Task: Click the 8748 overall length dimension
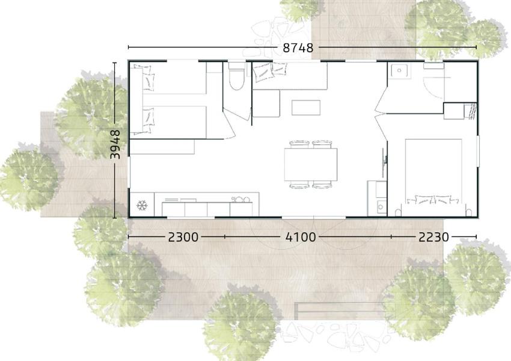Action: tap(298, 48)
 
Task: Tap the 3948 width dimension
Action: tap(115, 144)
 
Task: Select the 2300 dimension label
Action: tap(183, 237)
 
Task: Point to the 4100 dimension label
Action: tap(301, 237)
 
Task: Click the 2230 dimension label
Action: tap(434, 237)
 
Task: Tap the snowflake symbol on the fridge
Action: tap(142, 205)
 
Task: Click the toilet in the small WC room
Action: tap(236, 76)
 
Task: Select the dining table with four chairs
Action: tap(311, 164)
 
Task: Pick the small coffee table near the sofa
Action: tap(305, 108)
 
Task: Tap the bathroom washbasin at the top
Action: tap(399, 70)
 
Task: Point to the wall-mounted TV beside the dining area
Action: tap(385, 159)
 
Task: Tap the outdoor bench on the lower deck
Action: tap(339, 311)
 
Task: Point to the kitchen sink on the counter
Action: tap(240, 199)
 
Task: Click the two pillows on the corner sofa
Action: tap(270, 72)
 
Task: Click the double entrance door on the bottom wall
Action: tap(313, 217)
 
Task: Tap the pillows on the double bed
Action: tap(433, 200)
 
